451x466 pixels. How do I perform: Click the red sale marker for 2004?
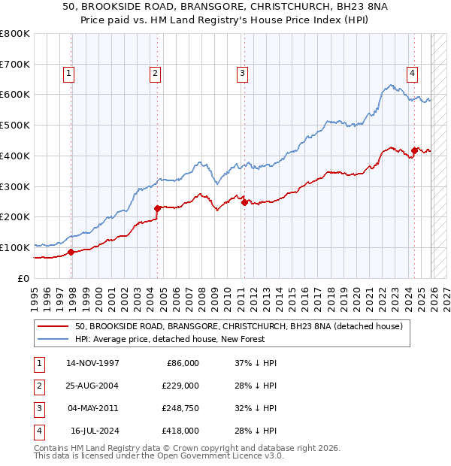pos(157,208)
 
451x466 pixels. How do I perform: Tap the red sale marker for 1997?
pos(71,252)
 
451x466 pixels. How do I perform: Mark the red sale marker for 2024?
pos(414,150)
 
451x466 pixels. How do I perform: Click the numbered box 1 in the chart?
pos(68,73)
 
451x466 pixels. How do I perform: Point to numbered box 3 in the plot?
pos(242,73)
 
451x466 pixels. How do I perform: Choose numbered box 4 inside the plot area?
pos(413,73)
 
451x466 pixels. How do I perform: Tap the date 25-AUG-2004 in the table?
pos(92,386)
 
